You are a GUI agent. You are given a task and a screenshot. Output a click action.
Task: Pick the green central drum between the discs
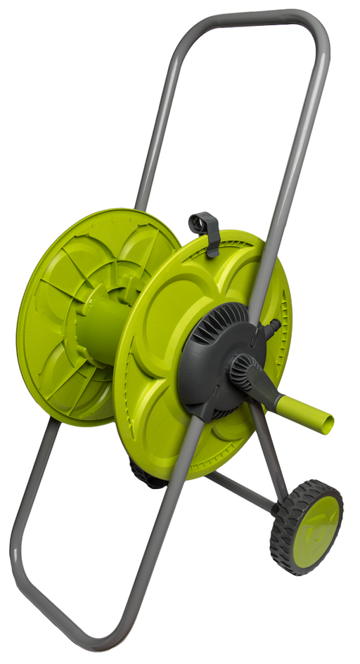tap(98, 330)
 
